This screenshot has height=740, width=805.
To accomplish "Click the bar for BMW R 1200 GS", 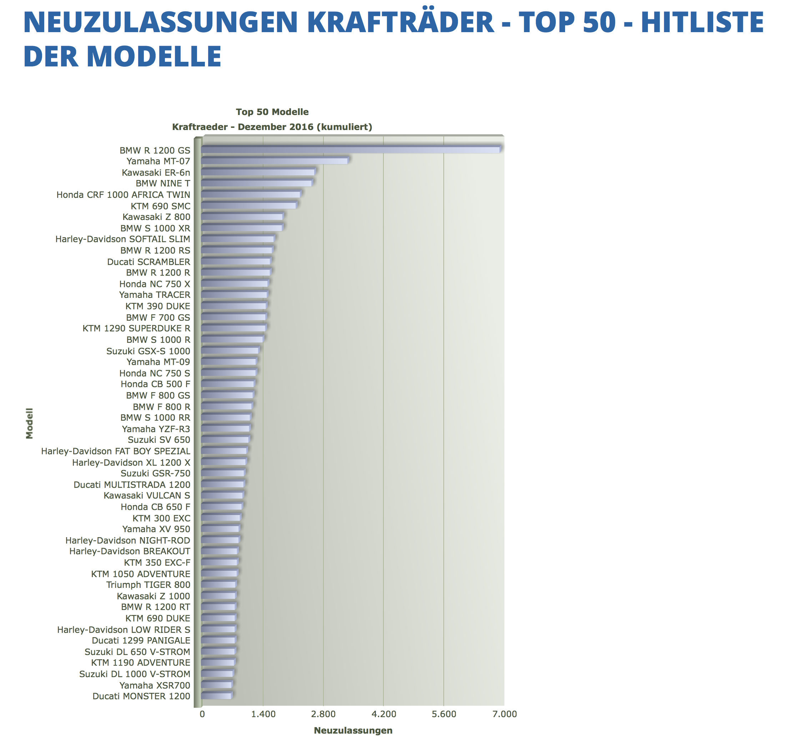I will [x=350, y=149].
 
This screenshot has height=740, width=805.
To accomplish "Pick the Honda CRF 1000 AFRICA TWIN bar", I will [x=251, y=194].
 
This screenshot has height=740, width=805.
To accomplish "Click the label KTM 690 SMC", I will [x=161, y=206].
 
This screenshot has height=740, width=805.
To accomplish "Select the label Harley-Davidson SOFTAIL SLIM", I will [x=123, y=239].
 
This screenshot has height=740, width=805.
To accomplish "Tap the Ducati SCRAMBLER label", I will [x=149, y=262].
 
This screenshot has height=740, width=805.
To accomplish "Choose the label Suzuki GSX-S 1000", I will [x=148, y=351].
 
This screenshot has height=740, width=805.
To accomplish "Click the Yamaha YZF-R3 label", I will [x=156, y=429].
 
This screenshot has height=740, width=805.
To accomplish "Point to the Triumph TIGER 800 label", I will [x=148, y=585].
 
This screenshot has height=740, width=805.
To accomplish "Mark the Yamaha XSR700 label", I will [x=155, y=685].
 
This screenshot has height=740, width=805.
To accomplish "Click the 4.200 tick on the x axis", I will [x=383, y=714].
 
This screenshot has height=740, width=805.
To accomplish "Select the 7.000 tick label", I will [x=504, y=714].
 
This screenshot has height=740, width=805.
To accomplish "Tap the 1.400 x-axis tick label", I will [x=263, y=714].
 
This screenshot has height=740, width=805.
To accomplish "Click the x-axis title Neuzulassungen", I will [x=353, y=730].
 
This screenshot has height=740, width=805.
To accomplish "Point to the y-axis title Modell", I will [x=29, y=423].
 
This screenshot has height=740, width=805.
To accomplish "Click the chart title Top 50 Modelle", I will [x=272, y=112].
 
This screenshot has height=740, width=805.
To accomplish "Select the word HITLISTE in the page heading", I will [x=702, y=22].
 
